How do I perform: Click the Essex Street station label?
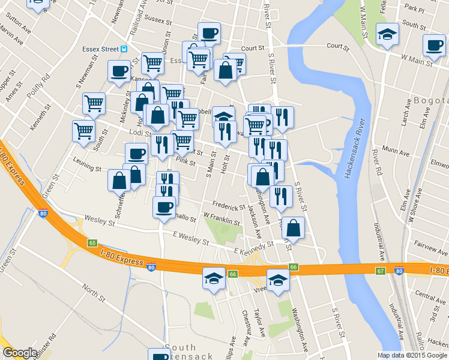[99, 49]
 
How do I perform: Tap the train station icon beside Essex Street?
[124, 49]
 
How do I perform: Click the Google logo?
[20, 353]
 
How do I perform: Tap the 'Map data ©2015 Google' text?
[412, 355]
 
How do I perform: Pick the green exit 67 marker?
[380, 271]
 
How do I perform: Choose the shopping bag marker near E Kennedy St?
[293, 227]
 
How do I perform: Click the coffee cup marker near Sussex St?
[209, 33]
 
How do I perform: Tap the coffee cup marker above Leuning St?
[136, 154]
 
